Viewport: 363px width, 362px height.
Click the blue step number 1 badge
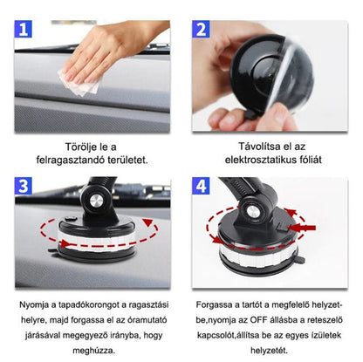(23, 29)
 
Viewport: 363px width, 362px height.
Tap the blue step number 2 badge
(201, 29)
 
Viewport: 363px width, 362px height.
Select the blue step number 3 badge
(24, 186)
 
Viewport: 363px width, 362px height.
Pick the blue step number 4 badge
(201, 186)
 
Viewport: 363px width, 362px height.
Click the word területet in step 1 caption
(127, 160)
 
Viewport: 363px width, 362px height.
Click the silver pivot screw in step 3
(96, 201)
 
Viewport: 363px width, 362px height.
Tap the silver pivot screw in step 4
(251, 212)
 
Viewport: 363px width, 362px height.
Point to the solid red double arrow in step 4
(302, 228)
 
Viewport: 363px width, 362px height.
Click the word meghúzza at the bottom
(94, 351)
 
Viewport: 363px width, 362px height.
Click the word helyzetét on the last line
(269, 351)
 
